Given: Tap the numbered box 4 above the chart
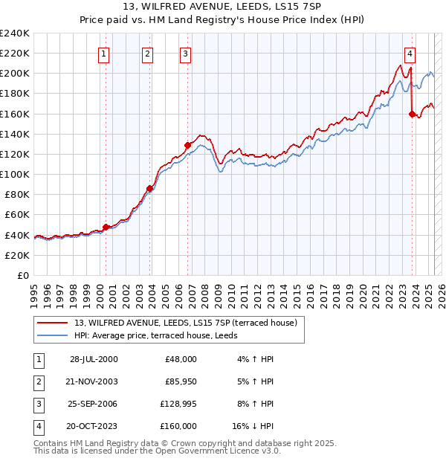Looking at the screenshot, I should coord(410,53).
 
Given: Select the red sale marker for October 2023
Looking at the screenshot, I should coord(412,114).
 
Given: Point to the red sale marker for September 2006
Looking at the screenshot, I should coord(188,145).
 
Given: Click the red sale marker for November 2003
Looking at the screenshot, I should coord(150,189).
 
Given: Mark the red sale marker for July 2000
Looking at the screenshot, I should coord(106,227).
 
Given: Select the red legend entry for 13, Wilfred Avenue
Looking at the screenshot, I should coord(186,323).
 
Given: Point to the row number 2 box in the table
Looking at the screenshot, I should coord(37,381).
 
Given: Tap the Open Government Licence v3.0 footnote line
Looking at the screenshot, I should coord(157,451).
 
